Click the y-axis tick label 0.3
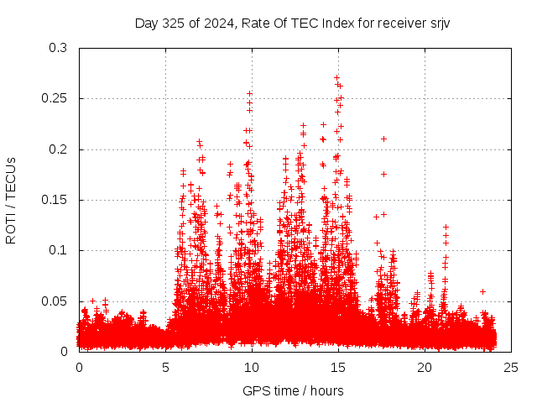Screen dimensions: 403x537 coord(60,49)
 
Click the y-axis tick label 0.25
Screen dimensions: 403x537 coord(56,99)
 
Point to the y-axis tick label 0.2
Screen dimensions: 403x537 coord(60,149)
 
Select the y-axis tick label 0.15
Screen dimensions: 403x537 coord(56,200)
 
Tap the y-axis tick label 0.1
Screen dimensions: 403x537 coord(60,250)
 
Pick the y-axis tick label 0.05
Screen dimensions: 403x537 coord(56,301)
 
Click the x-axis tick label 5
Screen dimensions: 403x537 coord(165,368)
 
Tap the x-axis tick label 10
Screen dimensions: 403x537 coord(252,368)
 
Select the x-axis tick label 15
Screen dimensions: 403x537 coord(338,368)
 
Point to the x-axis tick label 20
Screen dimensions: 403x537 coord(425,368)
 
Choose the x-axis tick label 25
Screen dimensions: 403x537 coord(511,368)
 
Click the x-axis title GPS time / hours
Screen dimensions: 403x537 coord(293,390)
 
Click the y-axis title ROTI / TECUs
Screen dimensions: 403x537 coord(12,200)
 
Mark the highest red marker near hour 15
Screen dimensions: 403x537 coord(336,77)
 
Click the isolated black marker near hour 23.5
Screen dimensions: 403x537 coord(482,291)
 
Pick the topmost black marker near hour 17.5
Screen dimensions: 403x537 coord(383,139)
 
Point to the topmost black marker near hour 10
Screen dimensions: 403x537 coord(249,93)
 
